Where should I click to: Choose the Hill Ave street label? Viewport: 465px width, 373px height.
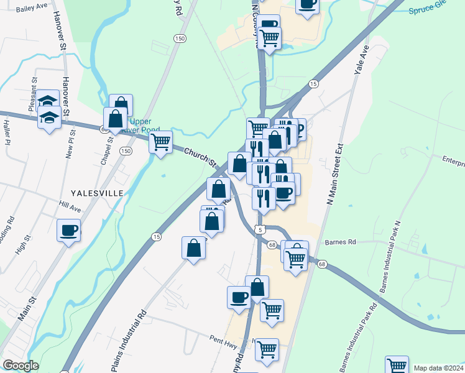pos(70,208)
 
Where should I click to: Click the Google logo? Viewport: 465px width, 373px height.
pos(21,366)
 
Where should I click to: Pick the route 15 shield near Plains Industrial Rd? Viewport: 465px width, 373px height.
pos(157,236)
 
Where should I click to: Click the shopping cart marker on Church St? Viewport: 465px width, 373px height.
pos(161,142)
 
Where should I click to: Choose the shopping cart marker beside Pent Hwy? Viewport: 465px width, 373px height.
pos(267,350)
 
